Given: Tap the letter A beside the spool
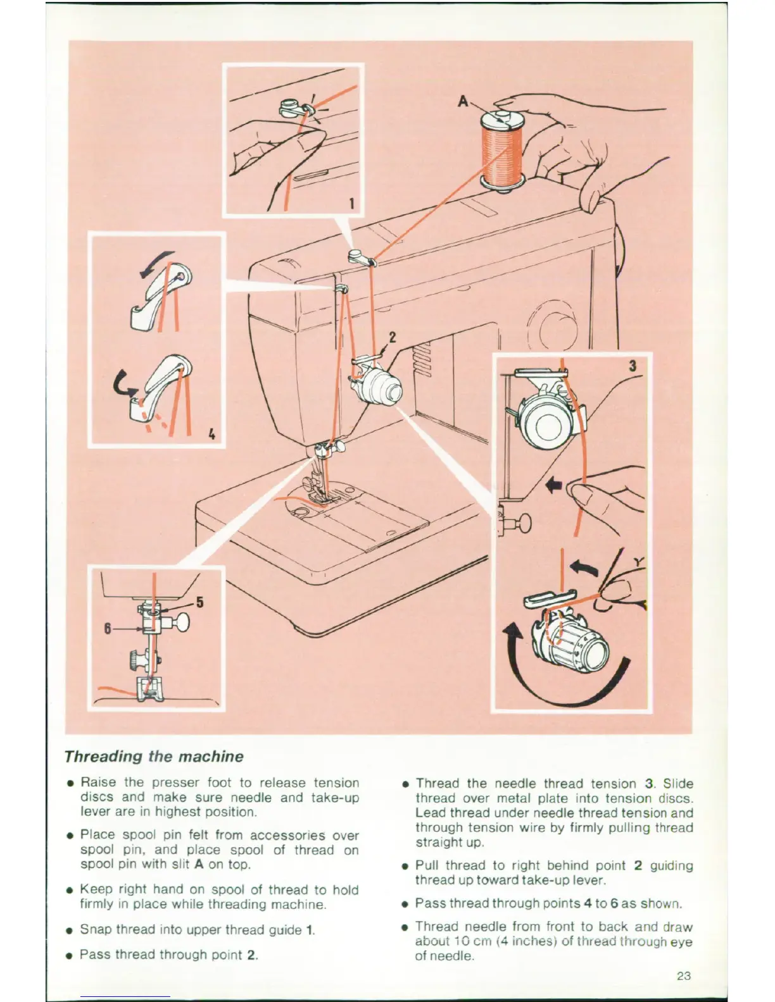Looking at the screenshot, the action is pos(463,101).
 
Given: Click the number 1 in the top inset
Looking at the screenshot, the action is pos(352,203).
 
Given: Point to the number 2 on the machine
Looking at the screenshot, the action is pos(392,337).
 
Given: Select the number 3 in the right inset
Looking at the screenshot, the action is pos(633,366).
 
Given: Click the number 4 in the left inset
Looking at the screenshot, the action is pos(211,434).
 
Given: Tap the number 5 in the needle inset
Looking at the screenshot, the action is pos(199,602).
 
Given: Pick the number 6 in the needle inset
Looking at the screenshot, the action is pos(108,628).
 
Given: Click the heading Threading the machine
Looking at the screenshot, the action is pos(154,757).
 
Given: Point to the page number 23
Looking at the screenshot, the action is pos(683,976).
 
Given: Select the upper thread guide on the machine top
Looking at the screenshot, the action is pos(359,256).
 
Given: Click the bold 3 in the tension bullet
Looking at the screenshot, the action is pos(648,784).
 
